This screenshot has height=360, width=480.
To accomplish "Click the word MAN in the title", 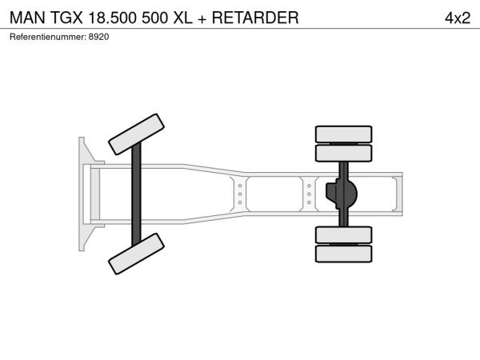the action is point(27,18).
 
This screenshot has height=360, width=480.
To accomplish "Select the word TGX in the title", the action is point(66,18).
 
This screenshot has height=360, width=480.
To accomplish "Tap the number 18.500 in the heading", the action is point(112,18).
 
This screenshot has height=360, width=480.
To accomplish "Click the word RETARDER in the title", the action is point(255,18).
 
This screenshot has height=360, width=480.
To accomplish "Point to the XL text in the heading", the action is point(182,18).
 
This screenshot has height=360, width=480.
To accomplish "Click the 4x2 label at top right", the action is point(458,18).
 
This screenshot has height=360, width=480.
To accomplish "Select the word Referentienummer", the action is point(48,37).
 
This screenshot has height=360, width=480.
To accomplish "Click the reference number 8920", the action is point(98,37).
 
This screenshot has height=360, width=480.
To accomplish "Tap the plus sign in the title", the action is point(202,19).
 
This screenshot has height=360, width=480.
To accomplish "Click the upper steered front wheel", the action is point(136,134).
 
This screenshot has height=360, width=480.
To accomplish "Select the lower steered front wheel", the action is point(136,254).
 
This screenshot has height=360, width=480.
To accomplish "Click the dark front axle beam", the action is point(136,194).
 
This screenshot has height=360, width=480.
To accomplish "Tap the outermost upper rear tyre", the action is point(343,134).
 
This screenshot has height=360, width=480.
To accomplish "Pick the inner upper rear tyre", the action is point(343,153).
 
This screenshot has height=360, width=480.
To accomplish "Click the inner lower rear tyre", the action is point(343,235).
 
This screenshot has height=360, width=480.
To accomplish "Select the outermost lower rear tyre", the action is point(343,254).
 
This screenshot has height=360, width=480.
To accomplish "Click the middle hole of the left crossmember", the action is point(240,194).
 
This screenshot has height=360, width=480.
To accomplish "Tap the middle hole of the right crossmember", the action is point(309,194).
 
